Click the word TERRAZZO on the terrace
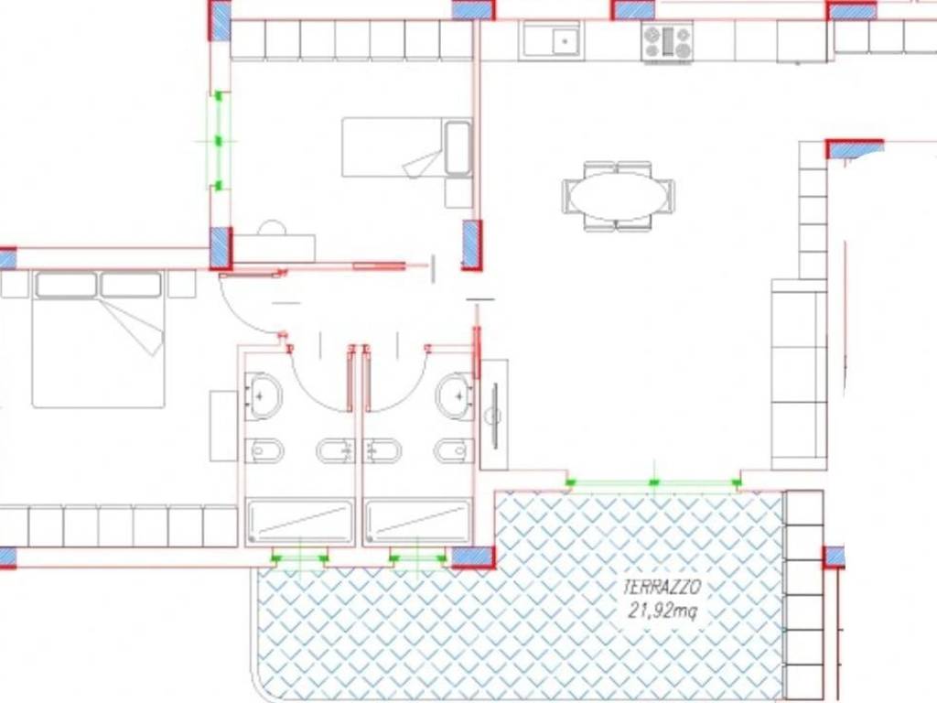(x=662, y=588)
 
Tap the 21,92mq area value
(x=662, y=611)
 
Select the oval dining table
(x=619, y=196)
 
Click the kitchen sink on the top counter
(x=552, y=40)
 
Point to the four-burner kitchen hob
(x=667, y=42)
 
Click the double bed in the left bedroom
(x=99, y=339)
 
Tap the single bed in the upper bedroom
(x=407, y=147)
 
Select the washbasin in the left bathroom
(x=264, y=395)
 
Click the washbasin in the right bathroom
(x=456, y=395)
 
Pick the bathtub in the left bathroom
(x=300, y=522)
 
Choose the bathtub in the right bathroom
(x=418, y=522)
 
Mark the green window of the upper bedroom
(x=219, y=141)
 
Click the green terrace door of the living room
(x=653, y=482)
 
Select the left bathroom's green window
(x=299, y=558)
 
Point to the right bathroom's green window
(x=417, y=558)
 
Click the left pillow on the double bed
(x=66, y=285)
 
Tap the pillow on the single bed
(x=458, y=148)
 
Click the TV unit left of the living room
(x=494, y=415)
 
